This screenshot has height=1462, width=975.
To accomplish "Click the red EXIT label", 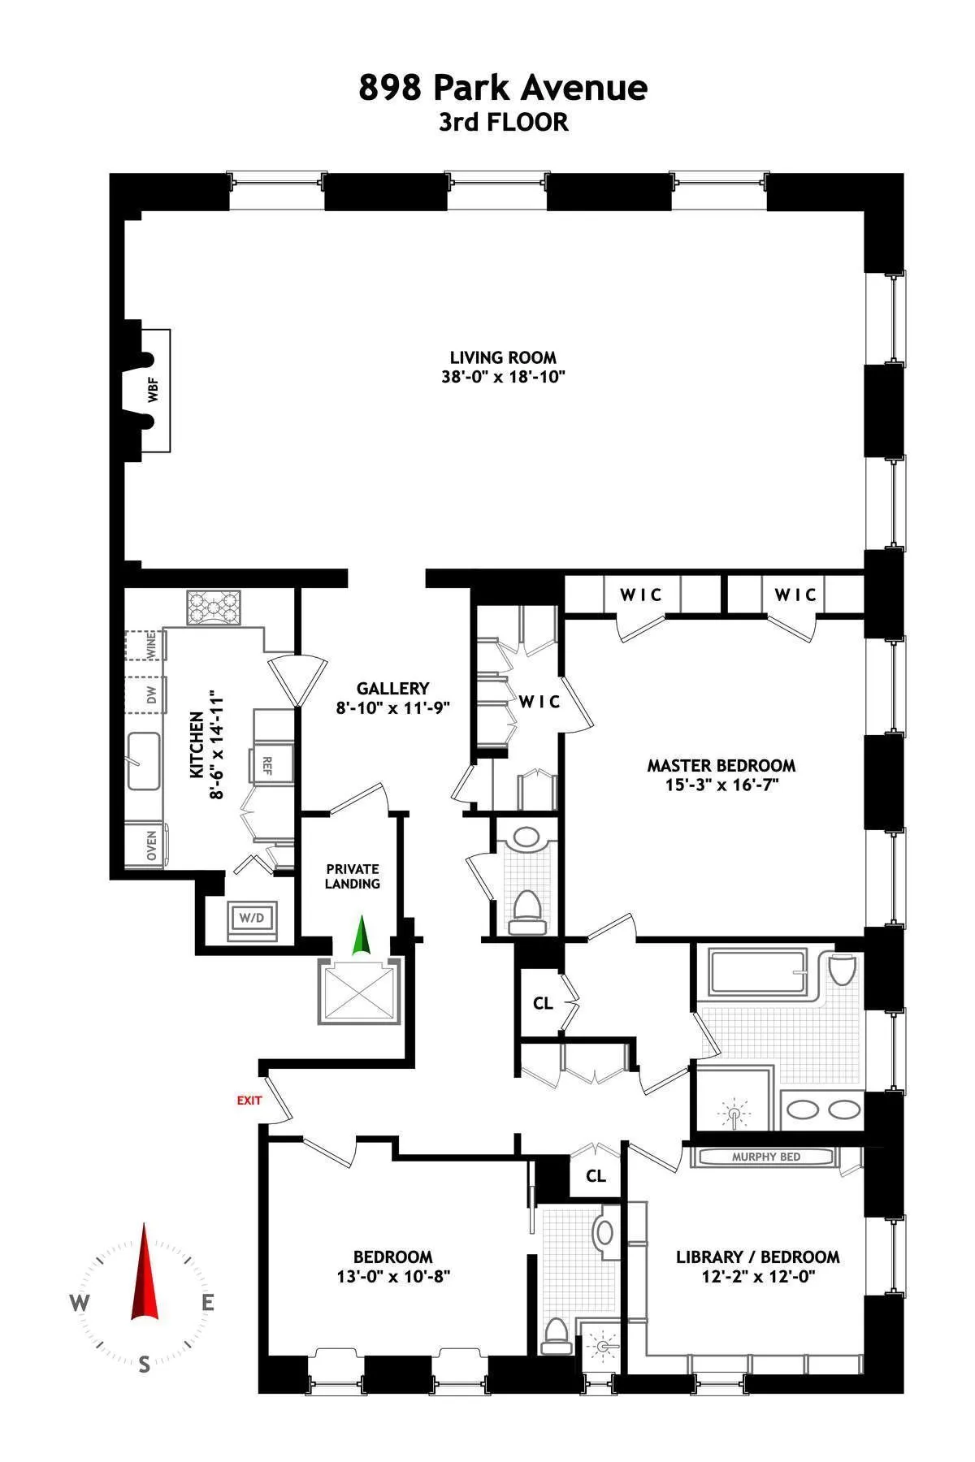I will [x=249, y=1101].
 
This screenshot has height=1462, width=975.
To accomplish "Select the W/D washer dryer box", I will [x=252, y=919].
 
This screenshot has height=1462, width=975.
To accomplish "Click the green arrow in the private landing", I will [x=362, y=935].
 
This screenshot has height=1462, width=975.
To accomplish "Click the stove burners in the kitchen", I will [x=214, y=608].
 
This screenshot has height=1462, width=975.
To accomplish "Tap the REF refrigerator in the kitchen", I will [x=266, y=764].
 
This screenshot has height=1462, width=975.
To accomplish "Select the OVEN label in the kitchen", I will [x=151, y=846].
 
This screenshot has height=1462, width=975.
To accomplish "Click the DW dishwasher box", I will [x=150, y=695].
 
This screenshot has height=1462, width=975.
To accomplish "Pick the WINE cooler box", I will [x=149, y=647].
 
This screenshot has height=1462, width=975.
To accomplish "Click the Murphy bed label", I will [x=765, y=1157].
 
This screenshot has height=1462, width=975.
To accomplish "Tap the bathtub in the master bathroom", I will [x=757, y=972].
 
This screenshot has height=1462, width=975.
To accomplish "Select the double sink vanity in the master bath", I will [x=822, y=1109].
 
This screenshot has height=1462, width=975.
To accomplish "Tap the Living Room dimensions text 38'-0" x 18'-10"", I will [x=504, y=377].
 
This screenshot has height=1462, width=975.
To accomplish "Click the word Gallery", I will [x=392, y=689].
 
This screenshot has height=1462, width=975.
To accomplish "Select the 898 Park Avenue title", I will [x=503, y=88].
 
